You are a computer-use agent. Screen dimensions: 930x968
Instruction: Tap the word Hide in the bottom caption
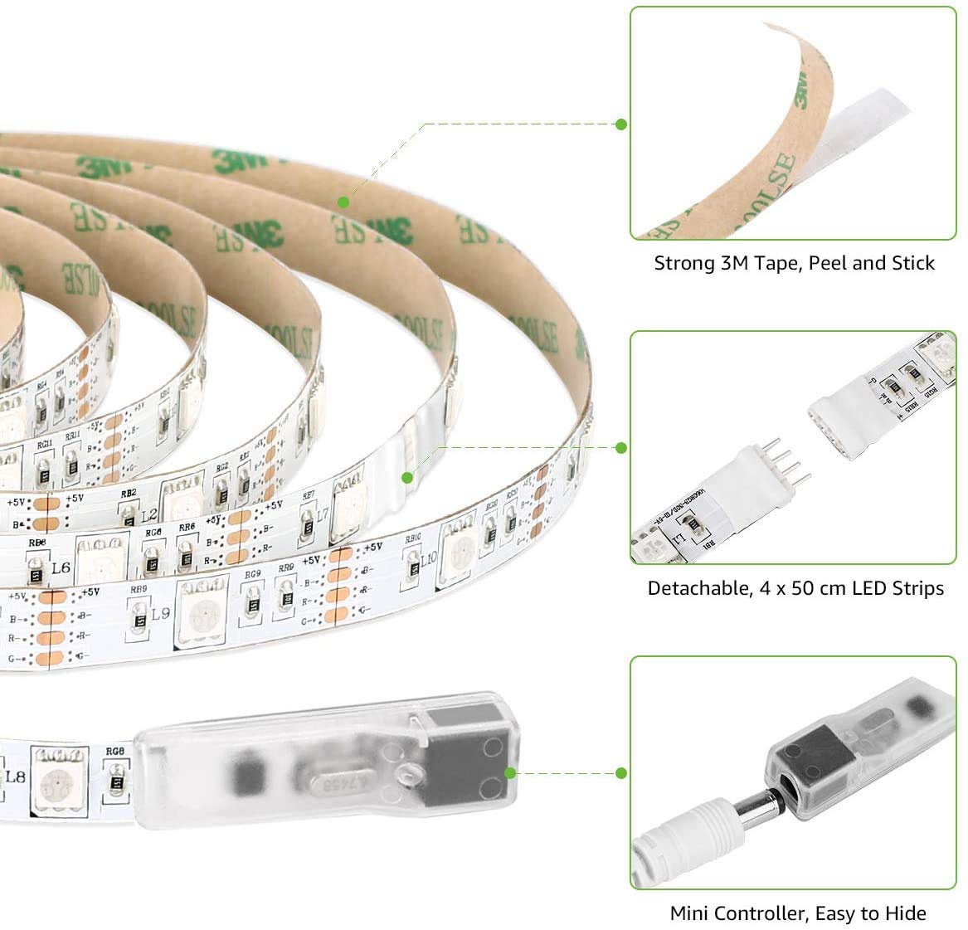(x=907, y=914)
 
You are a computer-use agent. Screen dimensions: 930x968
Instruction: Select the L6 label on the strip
(x=60, y=568)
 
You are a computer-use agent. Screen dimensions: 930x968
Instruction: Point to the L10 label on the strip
(x=428, y=558)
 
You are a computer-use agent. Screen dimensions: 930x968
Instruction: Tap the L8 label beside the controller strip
(x=14, y=777)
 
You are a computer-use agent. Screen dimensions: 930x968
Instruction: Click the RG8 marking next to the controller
(x=115, y=752)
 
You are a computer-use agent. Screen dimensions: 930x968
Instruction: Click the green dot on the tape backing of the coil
(x=343, y=202)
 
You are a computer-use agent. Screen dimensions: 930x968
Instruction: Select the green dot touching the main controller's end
(x=510, y=773)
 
